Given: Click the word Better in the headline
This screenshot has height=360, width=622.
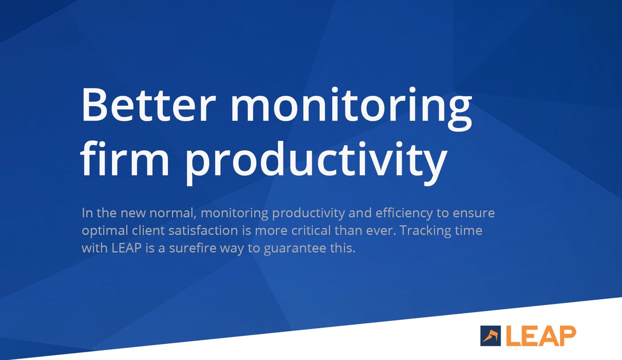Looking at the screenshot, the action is click(148, 105).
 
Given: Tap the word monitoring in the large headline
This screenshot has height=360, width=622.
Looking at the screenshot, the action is click(351, 109).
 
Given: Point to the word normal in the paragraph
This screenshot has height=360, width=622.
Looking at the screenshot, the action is click(173, 213).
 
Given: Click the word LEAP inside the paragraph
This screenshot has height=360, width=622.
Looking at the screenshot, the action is click(126, 248).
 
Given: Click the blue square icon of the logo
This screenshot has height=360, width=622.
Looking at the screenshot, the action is click(490, 336).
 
